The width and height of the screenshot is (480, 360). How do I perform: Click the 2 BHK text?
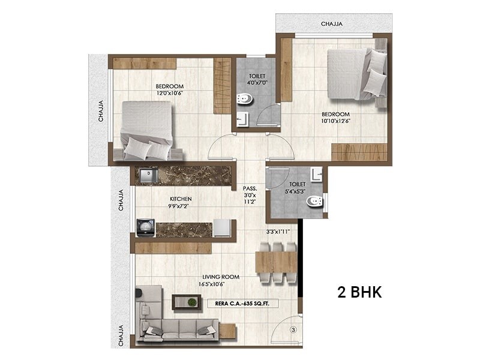[360, 293]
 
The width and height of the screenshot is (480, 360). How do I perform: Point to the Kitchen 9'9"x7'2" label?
[181, 203]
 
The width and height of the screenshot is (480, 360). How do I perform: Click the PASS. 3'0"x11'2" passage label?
[250, 195]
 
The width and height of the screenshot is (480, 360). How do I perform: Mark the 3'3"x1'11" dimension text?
[278, 231]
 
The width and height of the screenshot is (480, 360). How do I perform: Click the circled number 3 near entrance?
[293, 329]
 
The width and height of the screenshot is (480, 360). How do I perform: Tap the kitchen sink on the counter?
[148, 175]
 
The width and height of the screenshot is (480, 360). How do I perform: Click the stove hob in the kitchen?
[145, 227]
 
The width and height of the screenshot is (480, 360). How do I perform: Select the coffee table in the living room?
[185, 302]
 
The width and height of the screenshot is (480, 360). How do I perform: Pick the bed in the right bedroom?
[356, 74]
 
